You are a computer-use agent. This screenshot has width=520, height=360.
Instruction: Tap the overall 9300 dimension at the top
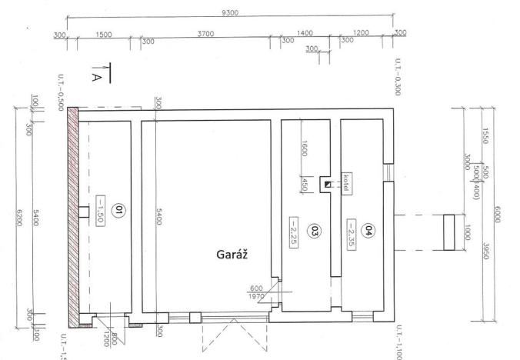[229, 12]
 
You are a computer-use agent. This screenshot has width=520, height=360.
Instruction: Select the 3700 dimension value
[205, 34]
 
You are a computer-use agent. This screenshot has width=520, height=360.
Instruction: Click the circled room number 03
[313, 229]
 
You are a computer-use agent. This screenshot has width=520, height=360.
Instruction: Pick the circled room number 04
[368, 229]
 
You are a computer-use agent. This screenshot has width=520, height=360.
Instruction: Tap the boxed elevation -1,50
[101, 212]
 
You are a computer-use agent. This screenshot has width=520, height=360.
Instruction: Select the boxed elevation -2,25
[295, 229]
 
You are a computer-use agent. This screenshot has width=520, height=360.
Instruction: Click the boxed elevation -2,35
[351, 229]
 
